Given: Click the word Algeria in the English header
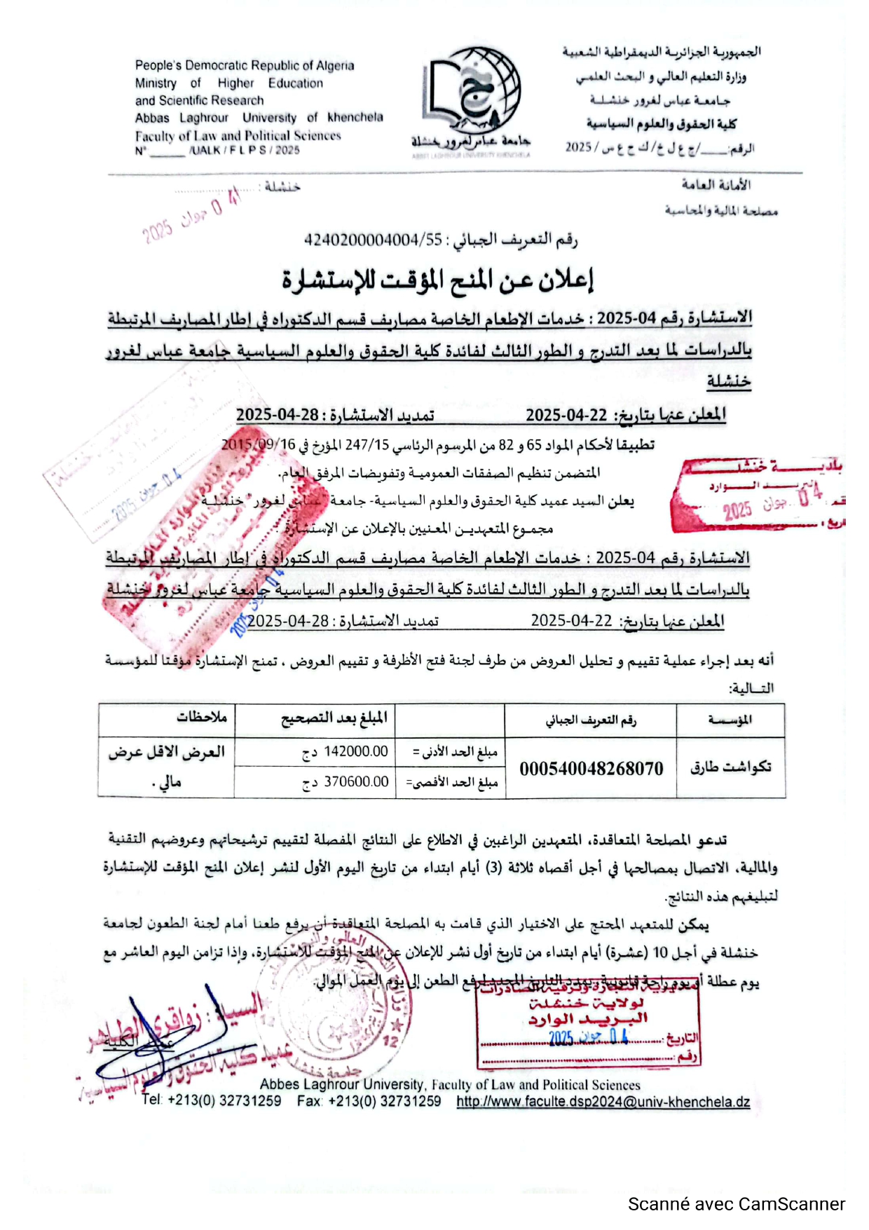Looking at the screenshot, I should (335, 66).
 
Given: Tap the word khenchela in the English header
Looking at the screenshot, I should (355, 118).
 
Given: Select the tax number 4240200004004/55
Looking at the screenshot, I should (373, 240).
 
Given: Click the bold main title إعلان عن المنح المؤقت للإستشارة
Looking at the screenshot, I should (438, 280).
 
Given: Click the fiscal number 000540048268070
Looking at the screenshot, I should (591, 768).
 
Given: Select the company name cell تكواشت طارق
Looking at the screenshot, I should (730, 767).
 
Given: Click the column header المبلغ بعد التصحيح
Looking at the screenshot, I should (334, 718).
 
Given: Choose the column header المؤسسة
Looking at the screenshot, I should (730, 720).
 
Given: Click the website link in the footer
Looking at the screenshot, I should (603, 1102).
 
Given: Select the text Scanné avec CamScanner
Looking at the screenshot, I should (736, 1204).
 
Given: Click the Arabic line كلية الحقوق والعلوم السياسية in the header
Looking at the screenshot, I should (661, 125).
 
